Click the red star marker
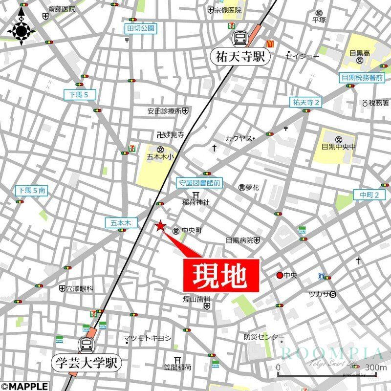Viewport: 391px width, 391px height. [x=160, y=225]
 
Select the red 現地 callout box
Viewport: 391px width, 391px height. [x=220, y=275]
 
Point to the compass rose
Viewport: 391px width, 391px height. [x=21, y=31]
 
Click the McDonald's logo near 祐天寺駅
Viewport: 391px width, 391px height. [x=268, y=43]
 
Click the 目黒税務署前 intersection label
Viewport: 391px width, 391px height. [x=362, y=77]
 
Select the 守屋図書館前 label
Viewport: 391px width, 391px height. [x=198, y=183]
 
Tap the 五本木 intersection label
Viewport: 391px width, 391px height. [x=119, y=222]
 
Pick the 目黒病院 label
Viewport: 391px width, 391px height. [x=239, y=240]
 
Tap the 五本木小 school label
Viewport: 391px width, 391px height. [x=160, y=157]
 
